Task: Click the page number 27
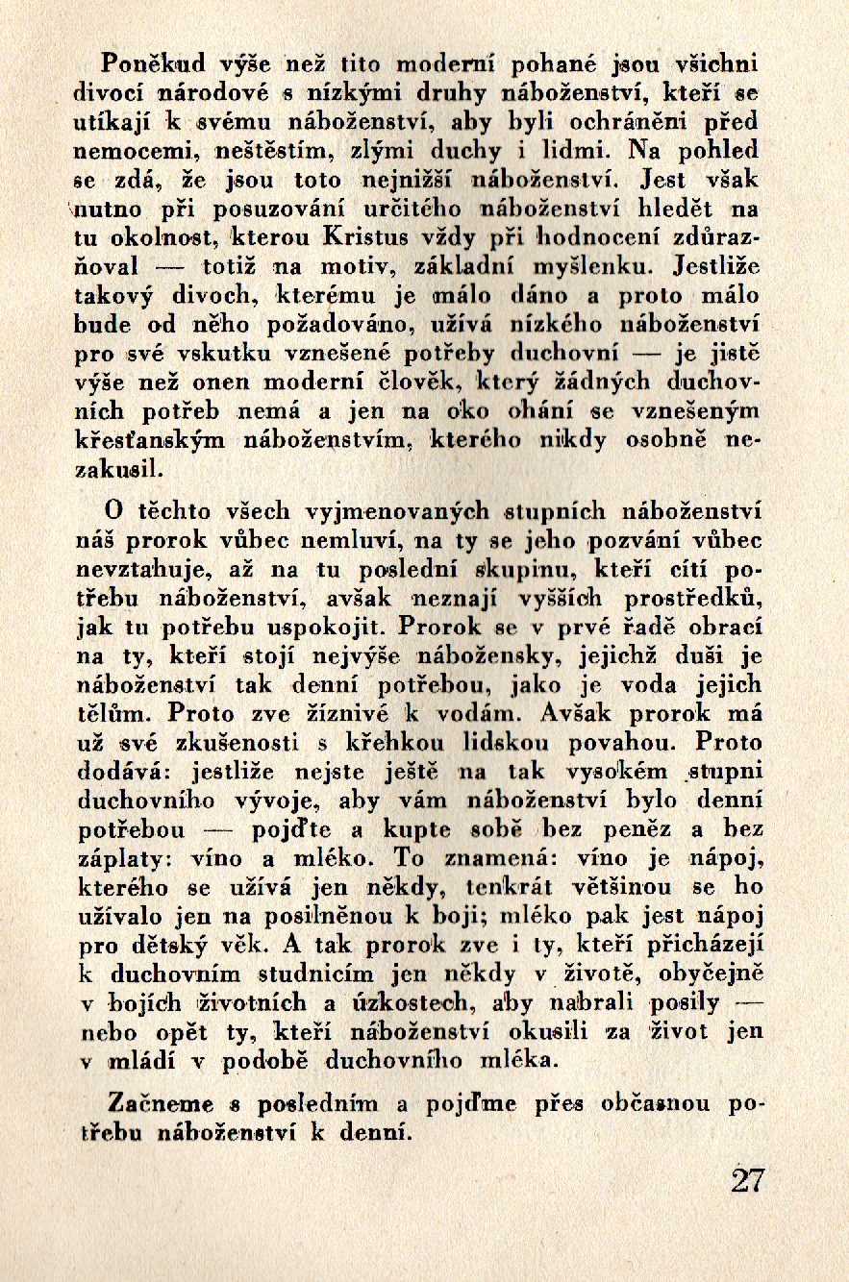(747, 1179)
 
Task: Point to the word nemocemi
(119, 151)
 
